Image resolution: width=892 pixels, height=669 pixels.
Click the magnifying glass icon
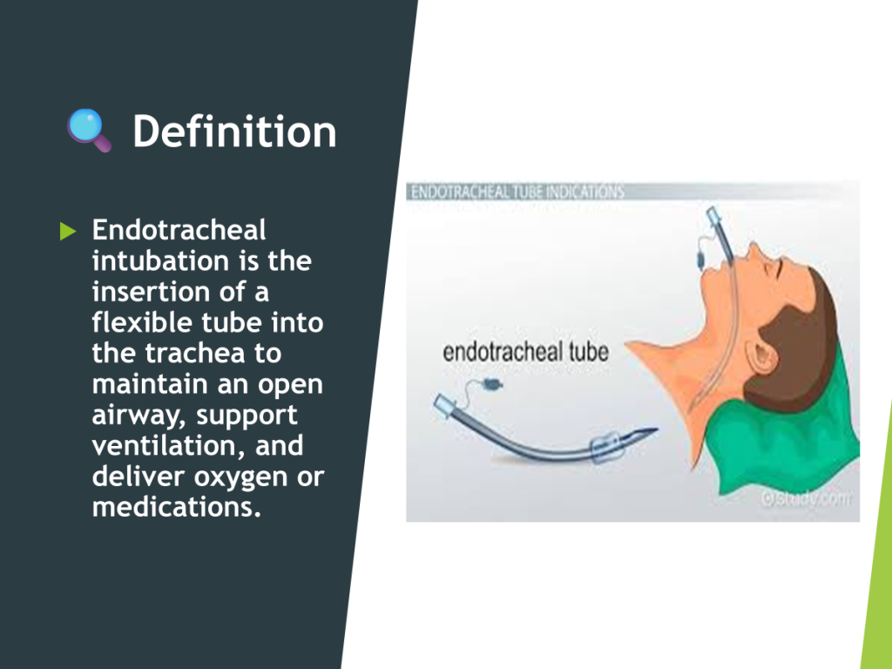coord(90,131)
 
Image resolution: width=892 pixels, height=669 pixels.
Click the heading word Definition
coord(234,132)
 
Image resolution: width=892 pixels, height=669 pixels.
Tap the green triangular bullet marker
coord(68,231)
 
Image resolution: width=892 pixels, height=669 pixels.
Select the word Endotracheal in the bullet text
coord(179,230)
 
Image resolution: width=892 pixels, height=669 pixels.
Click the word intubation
coord(161,260)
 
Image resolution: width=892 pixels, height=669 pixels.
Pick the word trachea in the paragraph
coord(195,353)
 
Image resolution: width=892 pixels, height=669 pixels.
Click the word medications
coord(176,506)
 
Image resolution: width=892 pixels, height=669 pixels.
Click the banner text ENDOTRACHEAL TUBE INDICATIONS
coord(517,192)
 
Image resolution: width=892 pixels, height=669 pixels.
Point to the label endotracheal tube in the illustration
coord(525,352)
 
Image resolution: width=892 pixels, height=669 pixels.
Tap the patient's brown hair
coord(796,341)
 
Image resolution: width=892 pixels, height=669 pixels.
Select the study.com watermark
coord(807,498)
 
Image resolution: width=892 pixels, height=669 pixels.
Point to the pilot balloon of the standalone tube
coord(491,385)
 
